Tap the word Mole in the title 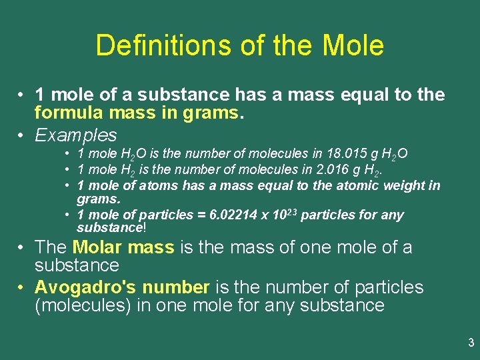tap(353, 45)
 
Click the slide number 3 tap(471, 343)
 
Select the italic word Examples tap(75, 135)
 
